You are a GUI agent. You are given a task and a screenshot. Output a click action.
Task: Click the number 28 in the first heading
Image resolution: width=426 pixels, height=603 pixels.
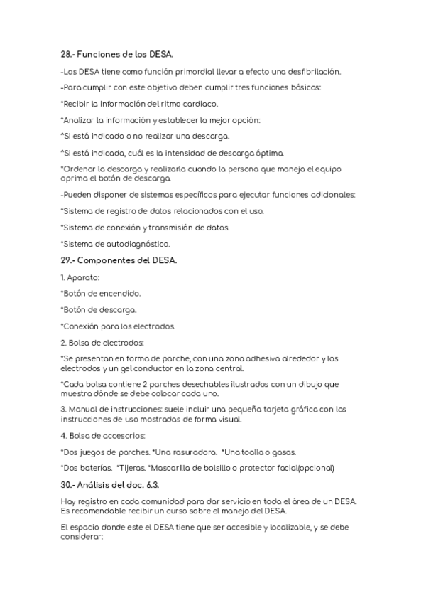coord(66,54)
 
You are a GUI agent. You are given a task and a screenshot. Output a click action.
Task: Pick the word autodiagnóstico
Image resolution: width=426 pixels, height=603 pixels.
coord(141,244)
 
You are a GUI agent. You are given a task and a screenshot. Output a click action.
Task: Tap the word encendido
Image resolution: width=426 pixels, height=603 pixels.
coord(121,293)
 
